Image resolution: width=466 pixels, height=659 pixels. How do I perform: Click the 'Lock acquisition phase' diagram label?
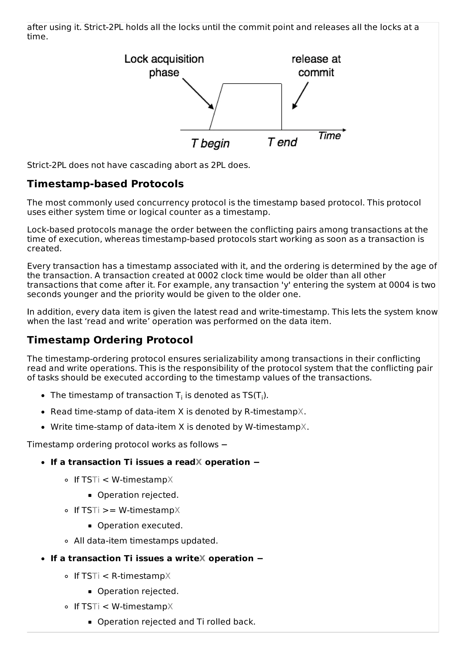point(164,66)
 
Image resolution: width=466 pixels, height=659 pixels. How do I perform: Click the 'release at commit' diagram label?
point(316,66)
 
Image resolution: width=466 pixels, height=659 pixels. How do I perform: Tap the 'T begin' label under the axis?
point(210,143)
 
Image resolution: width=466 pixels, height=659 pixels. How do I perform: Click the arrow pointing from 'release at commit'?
point(300,96)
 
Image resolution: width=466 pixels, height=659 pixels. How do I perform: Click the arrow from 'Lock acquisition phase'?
point(198,94)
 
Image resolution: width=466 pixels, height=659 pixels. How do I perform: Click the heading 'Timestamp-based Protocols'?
point(105,184)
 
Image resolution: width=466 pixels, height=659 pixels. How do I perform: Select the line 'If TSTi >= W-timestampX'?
point(127,510)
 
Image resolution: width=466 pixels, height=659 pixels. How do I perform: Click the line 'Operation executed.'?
point(140,525)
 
